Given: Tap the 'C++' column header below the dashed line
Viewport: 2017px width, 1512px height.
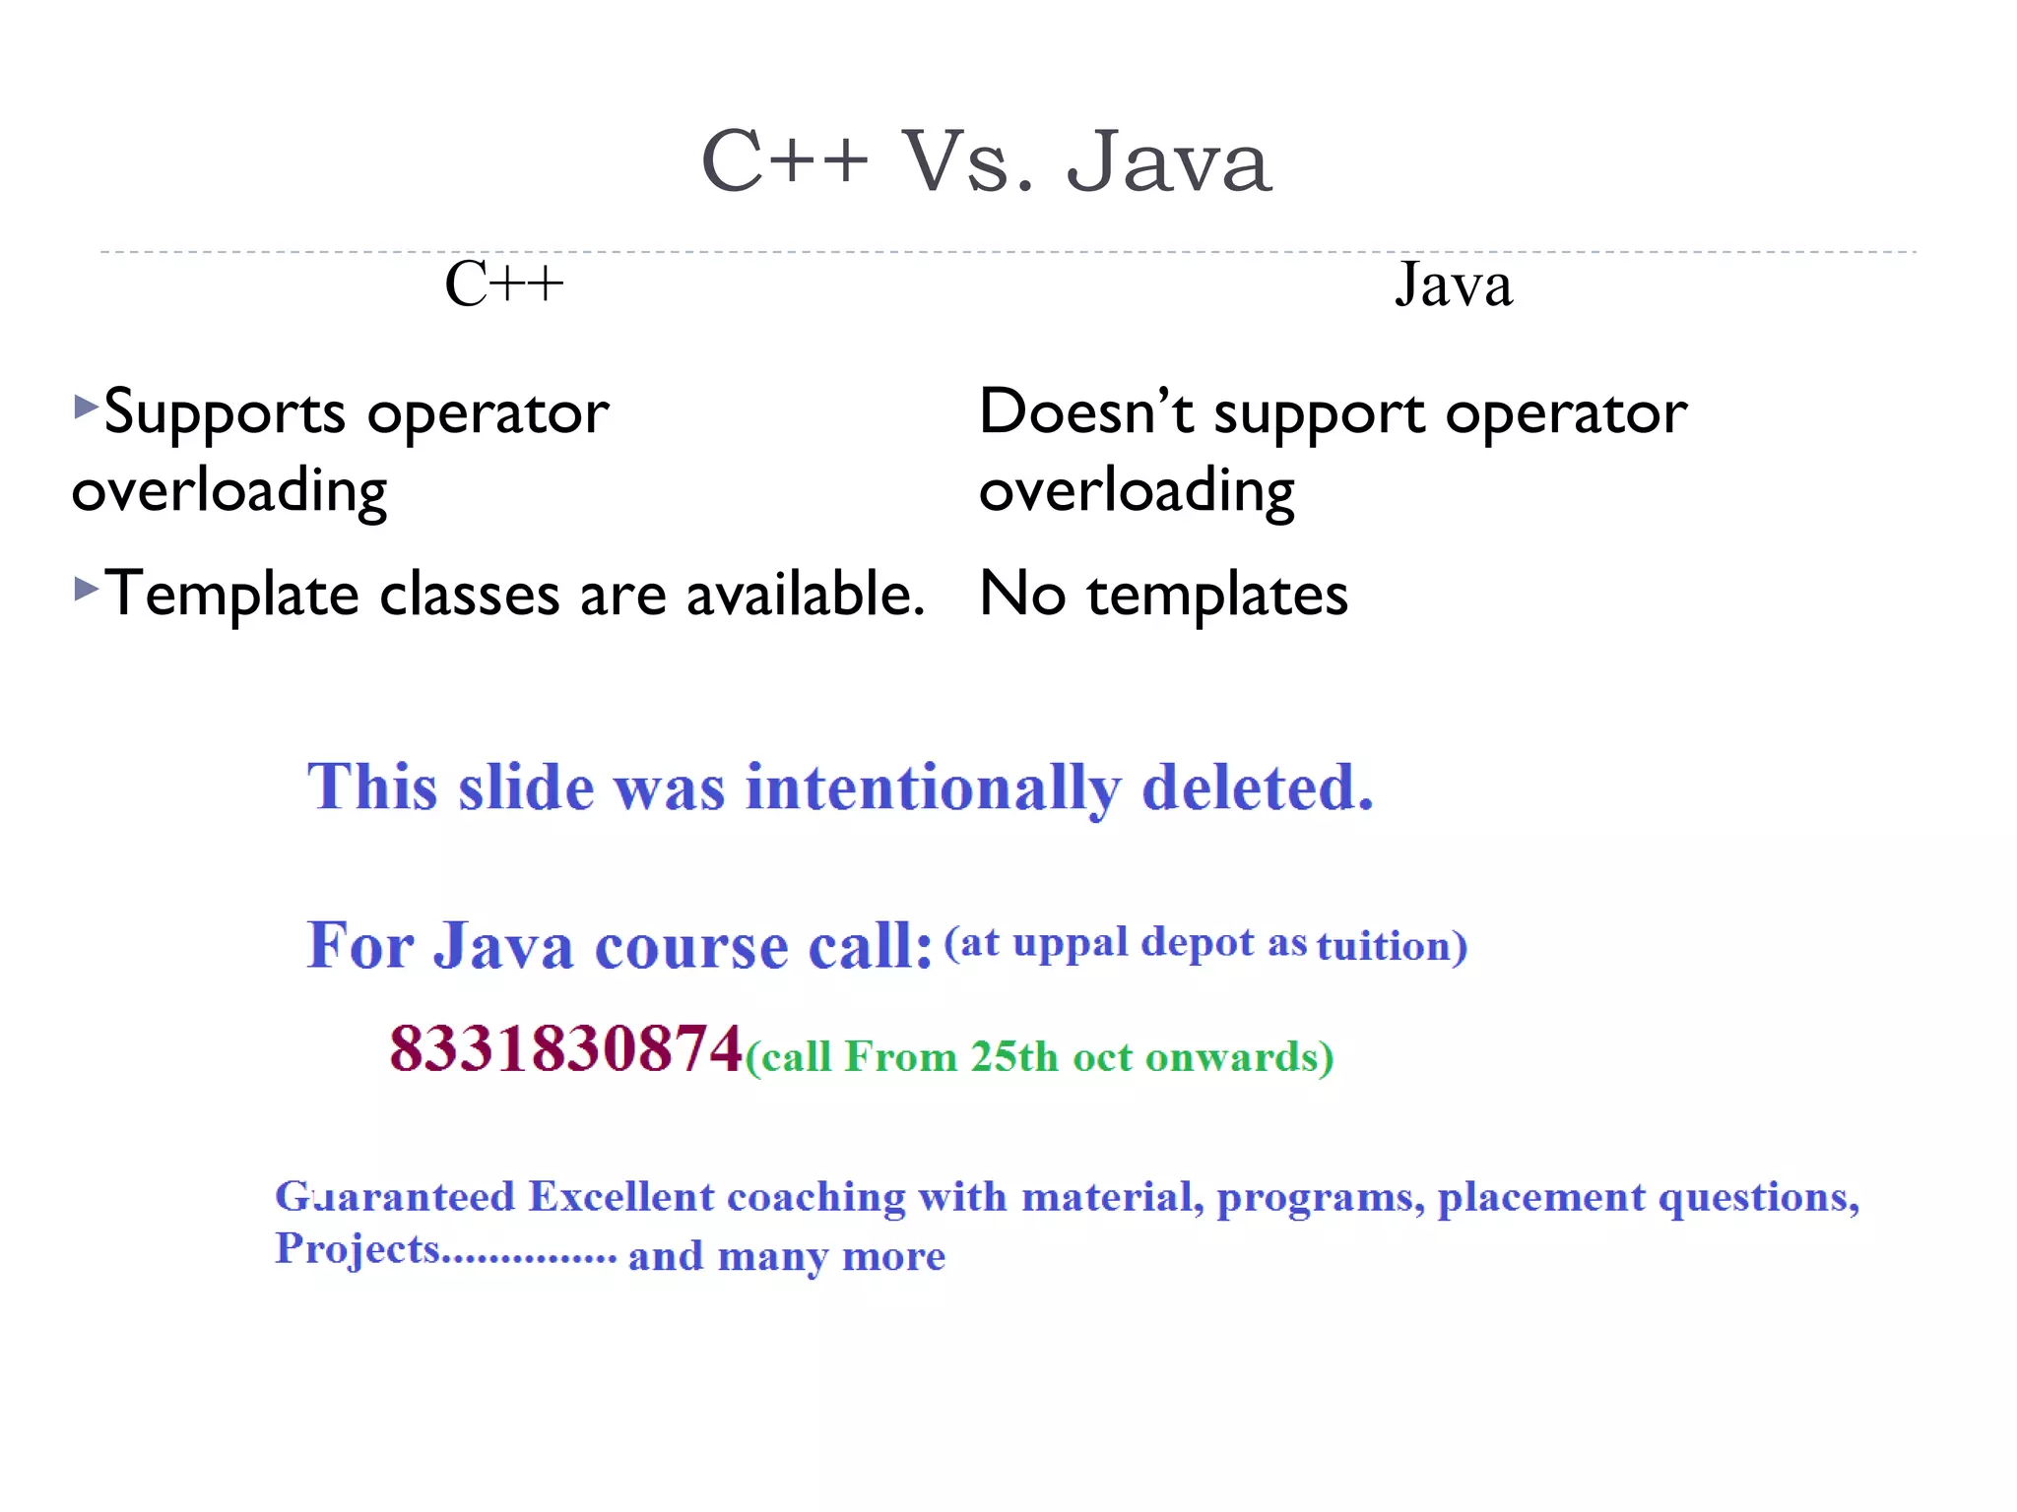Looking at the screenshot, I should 503,284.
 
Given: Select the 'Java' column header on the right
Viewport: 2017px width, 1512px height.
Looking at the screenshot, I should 1453,284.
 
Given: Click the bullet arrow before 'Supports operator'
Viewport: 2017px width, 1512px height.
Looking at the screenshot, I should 86,406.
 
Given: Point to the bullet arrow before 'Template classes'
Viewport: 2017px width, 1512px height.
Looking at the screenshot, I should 86,589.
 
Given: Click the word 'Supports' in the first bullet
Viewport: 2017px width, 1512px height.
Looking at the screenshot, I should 225,413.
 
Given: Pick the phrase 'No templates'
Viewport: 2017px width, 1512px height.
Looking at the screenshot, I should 1163,595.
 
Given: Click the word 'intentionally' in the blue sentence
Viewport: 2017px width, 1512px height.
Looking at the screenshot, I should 932,788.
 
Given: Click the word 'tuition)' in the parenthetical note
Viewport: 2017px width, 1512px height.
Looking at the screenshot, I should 1392,946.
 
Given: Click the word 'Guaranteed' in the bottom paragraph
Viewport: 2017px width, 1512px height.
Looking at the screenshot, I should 395,1197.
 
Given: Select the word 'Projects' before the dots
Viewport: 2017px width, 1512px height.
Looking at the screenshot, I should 357,1250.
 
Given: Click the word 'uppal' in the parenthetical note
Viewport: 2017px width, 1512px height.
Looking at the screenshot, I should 1070,944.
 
